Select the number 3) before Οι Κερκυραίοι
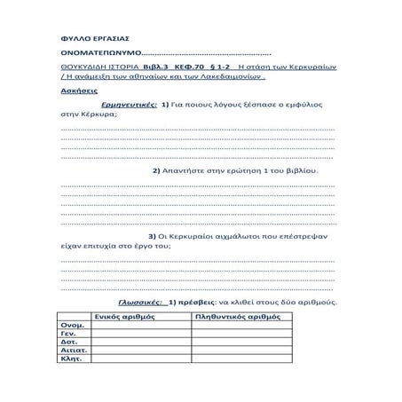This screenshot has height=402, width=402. pyautogui.click(x=153, y=236)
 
